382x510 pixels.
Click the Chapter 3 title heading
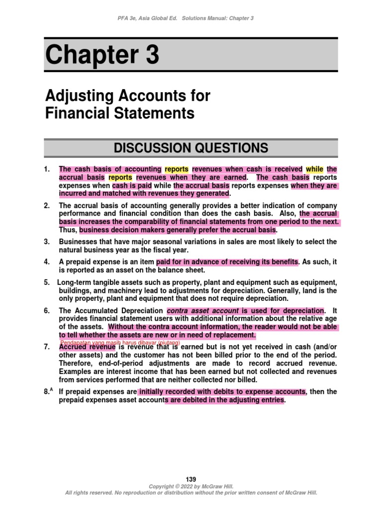click(x=102, y=55)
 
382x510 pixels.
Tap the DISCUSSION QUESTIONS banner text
click(x=191, y=148)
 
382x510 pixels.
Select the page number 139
click(x=191, y=479)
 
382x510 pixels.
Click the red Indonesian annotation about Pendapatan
click(x=119, y=343)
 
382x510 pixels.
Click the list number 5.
click(x=47, y=282)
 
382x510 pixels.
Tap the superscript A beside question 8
click(x=52, y=390)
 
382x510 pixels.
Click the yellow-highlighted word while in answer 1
click(x=314, y=169)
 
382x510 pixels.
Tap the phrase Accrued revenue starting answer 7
click(x=87, y=347)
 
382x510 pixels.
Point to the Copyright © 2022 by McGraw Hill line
click(x=191, y=486)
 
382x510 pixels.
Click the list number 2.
click(x=47, y=206)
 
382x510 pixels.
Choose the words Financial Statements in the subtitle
click(x=119, y=114)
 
